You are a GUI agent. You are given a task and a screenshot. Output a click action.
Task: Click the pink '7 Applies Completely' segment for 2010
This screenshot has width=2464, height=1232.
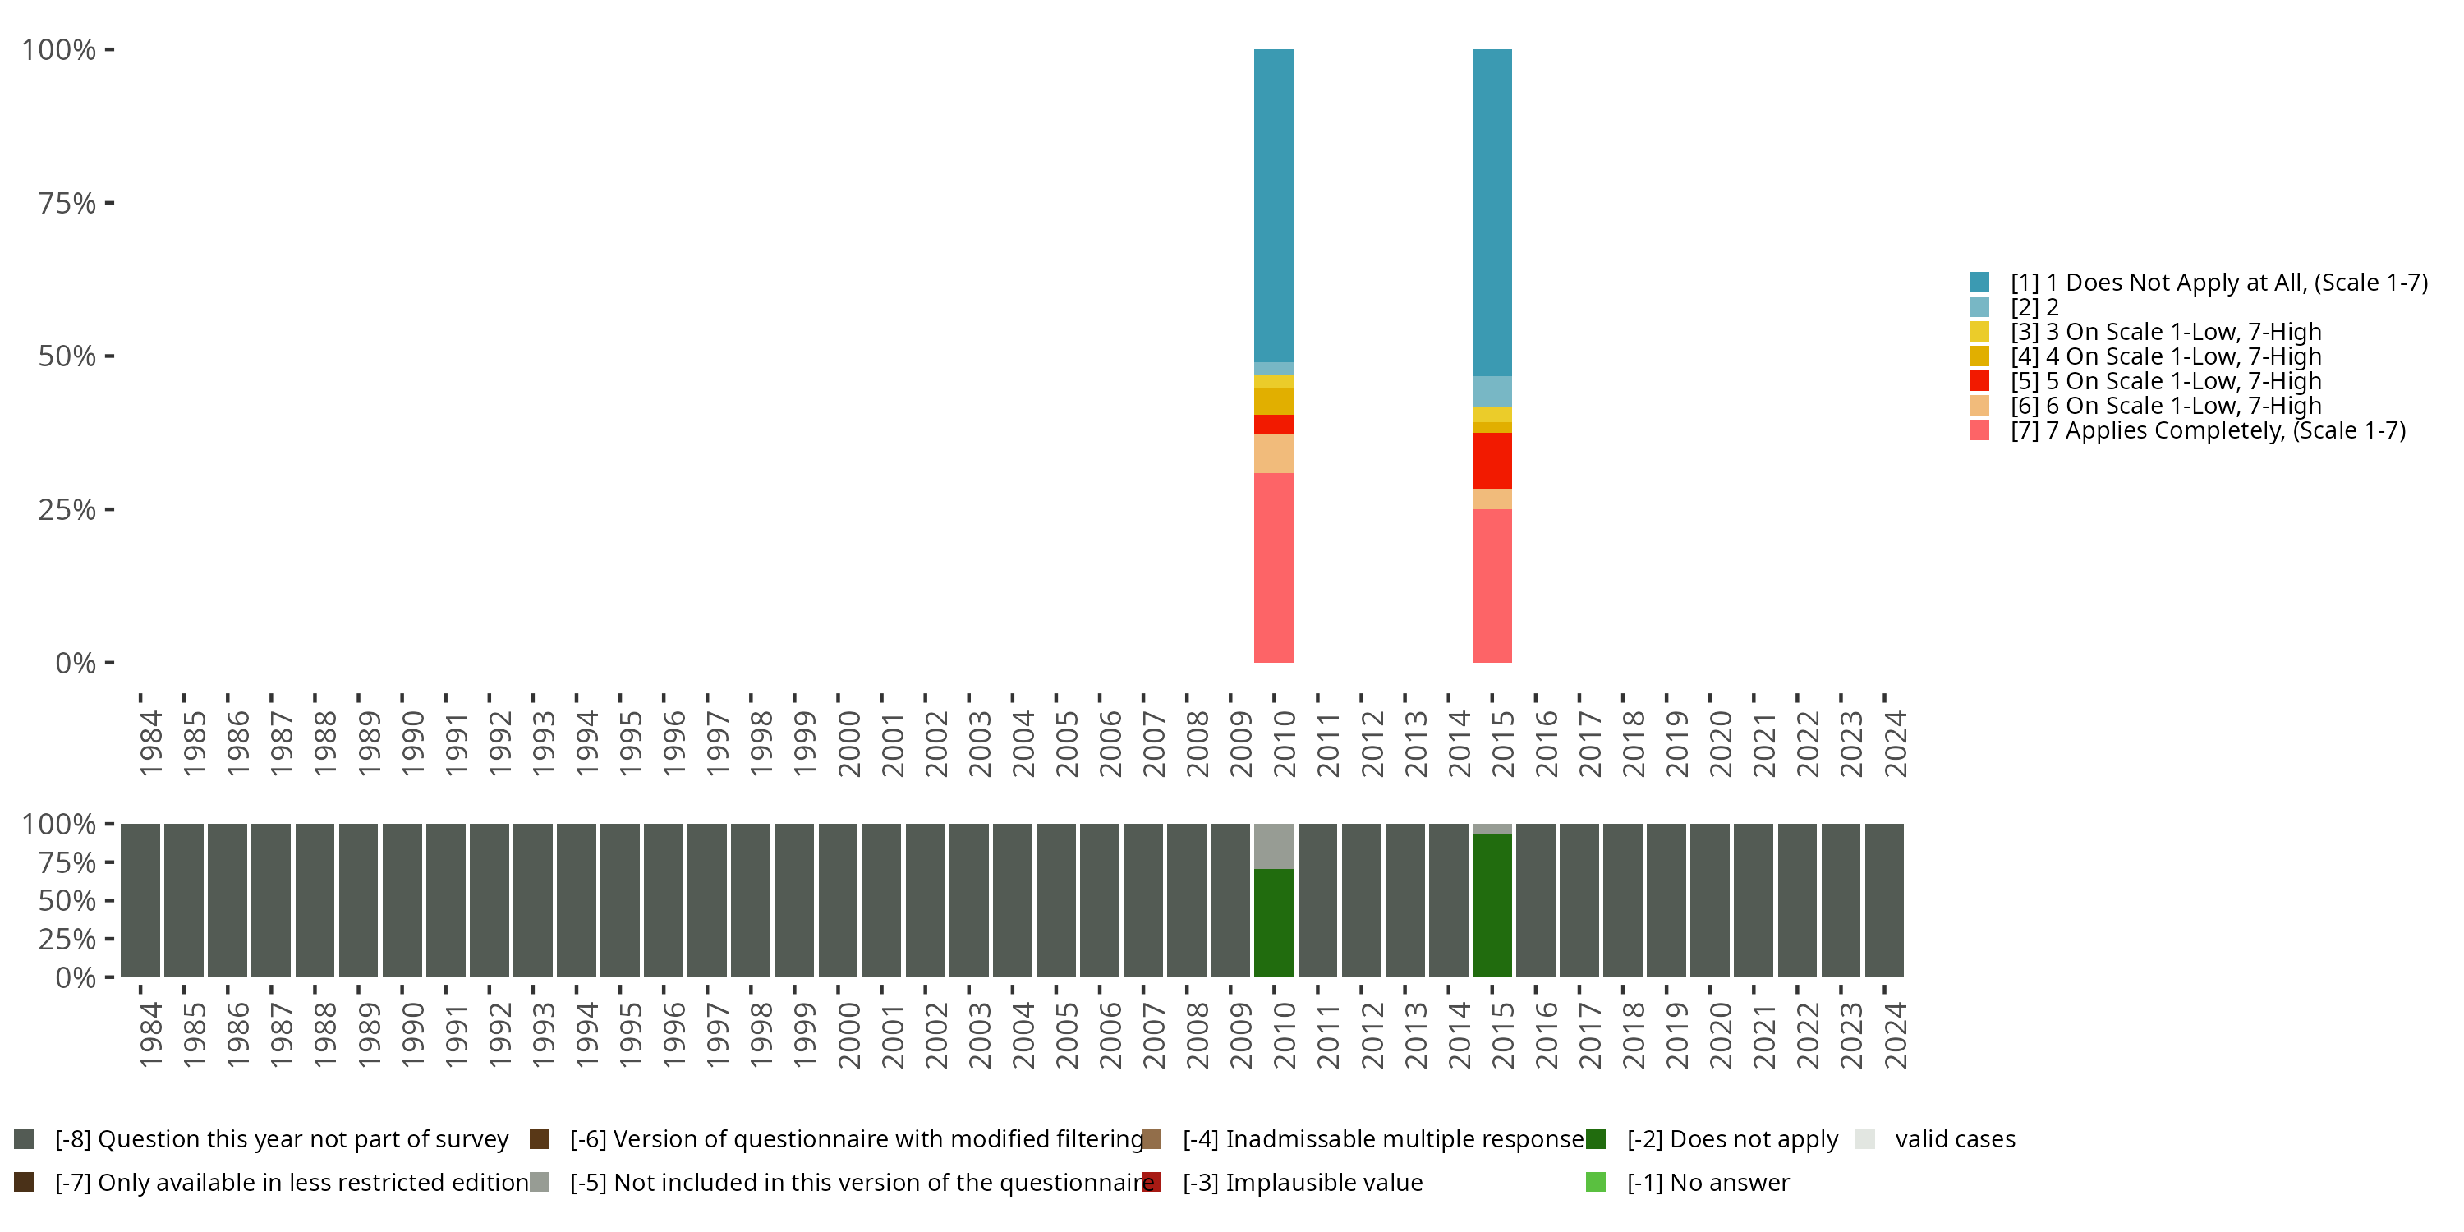(1273, 568)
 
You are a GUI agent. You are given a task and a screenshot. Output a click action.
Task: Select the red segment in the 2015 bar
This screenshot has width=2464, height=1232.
(1492, 460)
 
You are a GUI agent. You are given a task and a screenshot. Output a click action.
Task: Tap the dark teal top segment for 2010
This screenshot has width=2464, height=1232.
(1273, 205)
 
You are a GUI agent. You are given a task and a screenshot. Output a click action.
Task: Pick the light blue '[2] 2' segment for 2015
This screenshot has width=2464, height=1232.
(1492, 391)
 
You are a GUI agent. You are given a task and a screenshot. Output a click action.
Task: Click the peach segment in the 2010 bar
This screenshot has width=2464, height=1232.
(1273, 453)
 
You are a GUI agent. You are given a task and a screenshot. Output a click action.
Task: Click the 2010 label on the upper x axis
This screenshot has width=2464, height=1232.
(1284, 743)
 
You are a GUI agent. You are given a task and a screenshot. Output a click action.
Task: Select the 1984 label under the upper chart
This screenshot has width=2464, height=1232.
(150, 743)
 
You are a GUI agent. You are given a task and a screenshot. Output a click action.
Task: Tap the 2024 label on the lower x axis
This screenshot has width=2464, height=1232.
(1895, 1035)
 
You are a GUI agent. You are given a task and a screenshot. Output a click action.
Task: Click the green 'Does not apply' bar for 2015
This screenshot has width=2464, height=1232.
(1492, 904)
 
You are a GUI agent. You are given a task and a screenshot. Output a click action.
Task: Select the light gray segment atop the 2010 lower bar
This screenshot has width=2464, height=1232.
(1273, 846)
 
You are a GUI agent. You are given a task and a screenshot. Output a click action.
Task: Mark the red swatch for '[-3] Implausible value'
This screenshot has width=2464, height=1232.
(1152, 1182)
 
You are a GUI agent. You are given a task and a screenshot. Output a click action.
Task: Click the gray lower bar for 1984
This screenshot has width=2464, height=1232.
(140, 900)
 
